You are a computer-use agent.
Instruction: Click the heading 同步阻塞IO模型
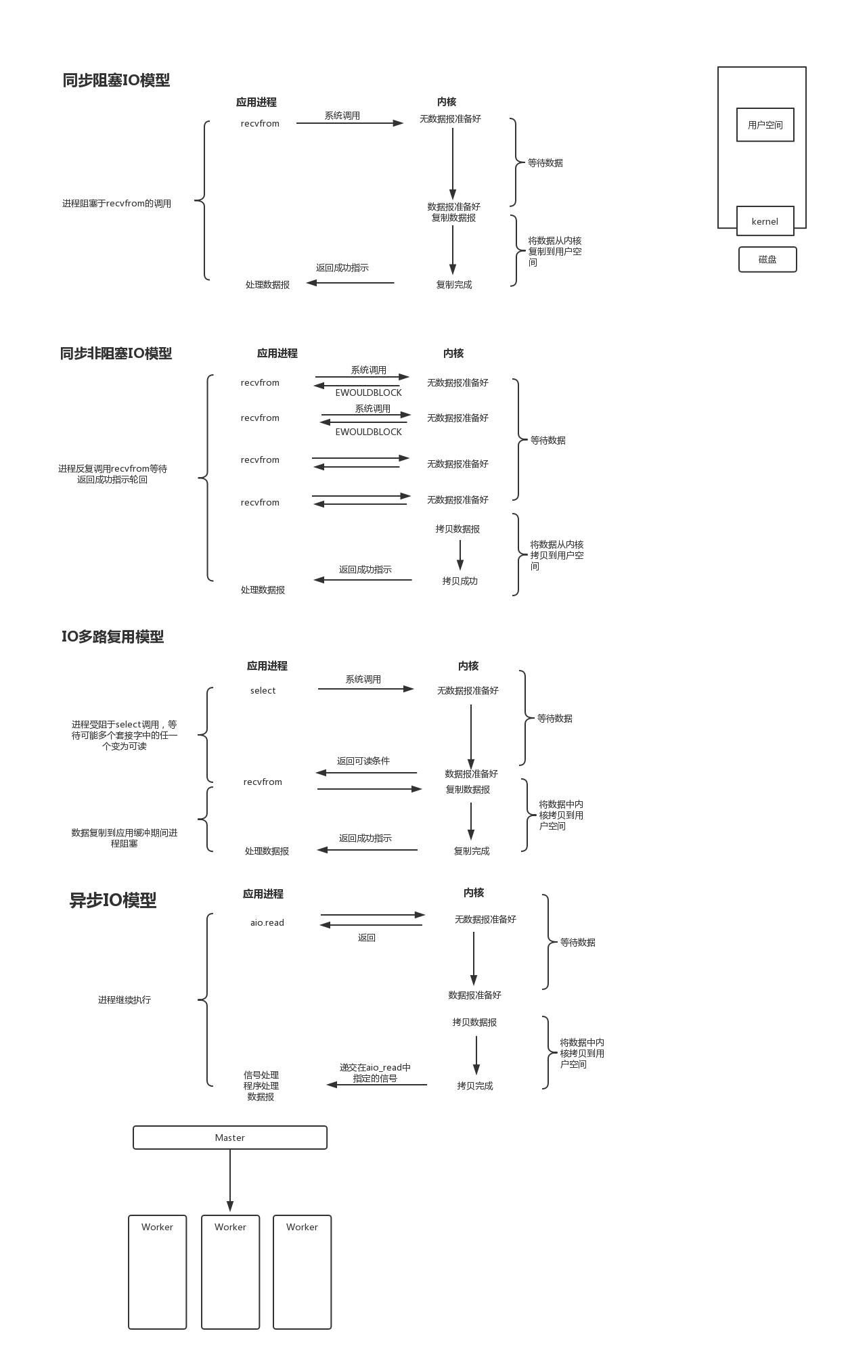116,81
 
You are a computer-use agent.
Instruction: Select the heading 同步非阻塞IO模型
116,353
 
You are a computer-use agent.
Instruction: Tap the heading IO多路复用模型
113,637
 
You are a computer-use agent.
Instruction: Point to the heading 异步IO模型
113,901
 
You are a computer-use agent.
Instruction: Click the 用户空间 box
765,125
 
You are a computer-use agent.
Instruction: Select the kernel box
765,221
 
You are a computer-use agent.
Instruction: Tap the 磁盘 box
767,259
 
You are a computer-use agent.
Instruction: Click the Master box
230,1138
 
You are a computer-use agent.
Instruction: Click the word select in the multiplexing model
263,691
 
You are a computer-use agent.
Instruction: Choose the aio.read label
267,923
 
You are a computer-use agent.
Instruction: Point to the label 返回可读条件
363,761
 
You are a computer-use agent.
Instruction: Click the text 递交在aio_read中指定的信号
375,1073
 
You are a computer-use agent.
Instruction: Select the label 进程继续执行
125,1000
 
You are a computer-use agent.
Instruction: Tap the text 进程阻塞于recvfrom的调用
116,204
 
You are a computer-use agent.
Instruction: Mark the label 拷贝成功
460,581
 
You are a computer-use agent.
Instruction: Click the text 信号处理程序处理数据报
261,1085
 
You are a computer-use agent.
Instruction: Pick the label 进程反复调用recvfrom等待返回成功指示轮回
112,474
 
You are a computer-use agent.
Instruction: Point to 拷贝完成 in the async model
475,1086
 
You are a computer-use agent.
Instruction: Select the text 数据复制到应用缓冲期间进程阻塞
125,838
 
